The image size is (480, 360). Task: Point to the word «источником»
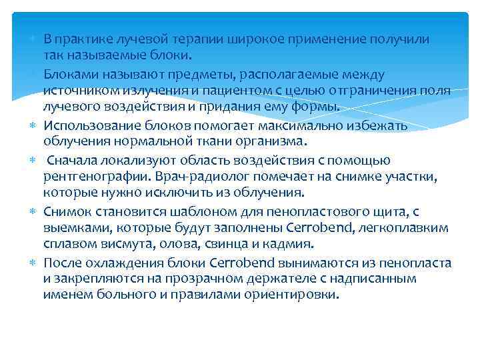click(75, 90)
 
